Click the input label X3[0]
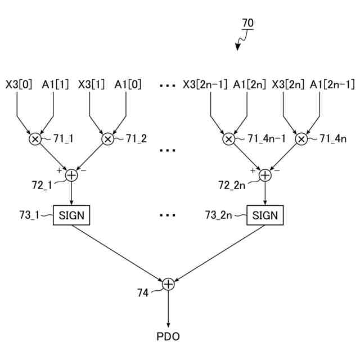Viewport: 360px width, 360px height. pos(19,84)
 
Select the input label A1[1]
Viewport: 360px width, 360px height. pos(55,84)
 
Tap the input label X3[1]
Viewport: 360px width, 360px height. pos(92,84)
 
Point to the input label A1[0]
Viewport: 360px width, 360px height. pos(128,84)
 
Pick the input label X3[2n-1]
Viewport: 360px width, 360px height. pos(205,84)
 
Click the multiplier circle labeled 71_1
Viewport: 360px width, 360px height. pos(35,139)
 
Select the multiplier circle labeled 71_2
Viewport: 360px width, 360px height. pos(107,139)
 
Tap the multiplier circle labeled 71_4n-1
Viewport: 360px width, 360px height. pos(228,139)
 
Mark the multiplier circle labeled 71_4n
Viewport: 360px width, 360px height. pos(301,139)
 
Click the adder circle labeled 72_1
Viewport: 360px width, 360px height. pos(71,175)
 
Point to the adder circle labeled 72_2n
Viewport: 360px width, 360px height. pos(264,175)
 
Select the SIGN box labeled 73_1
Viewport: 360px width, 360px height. pos(71,215)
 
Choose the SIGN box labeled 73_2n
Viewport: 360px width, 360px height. pos(264,215)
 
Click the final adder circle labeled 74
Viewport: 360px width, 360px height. pos(168,285)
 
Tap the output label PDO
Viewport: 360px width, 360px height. pos(168,337)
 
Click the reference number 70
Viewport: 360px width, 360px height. pos(247,23)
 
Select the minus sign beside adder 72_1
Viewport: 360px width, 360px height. pos(83,169)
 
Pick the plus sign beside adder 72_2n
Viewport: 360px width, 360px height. pos(253,170)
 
